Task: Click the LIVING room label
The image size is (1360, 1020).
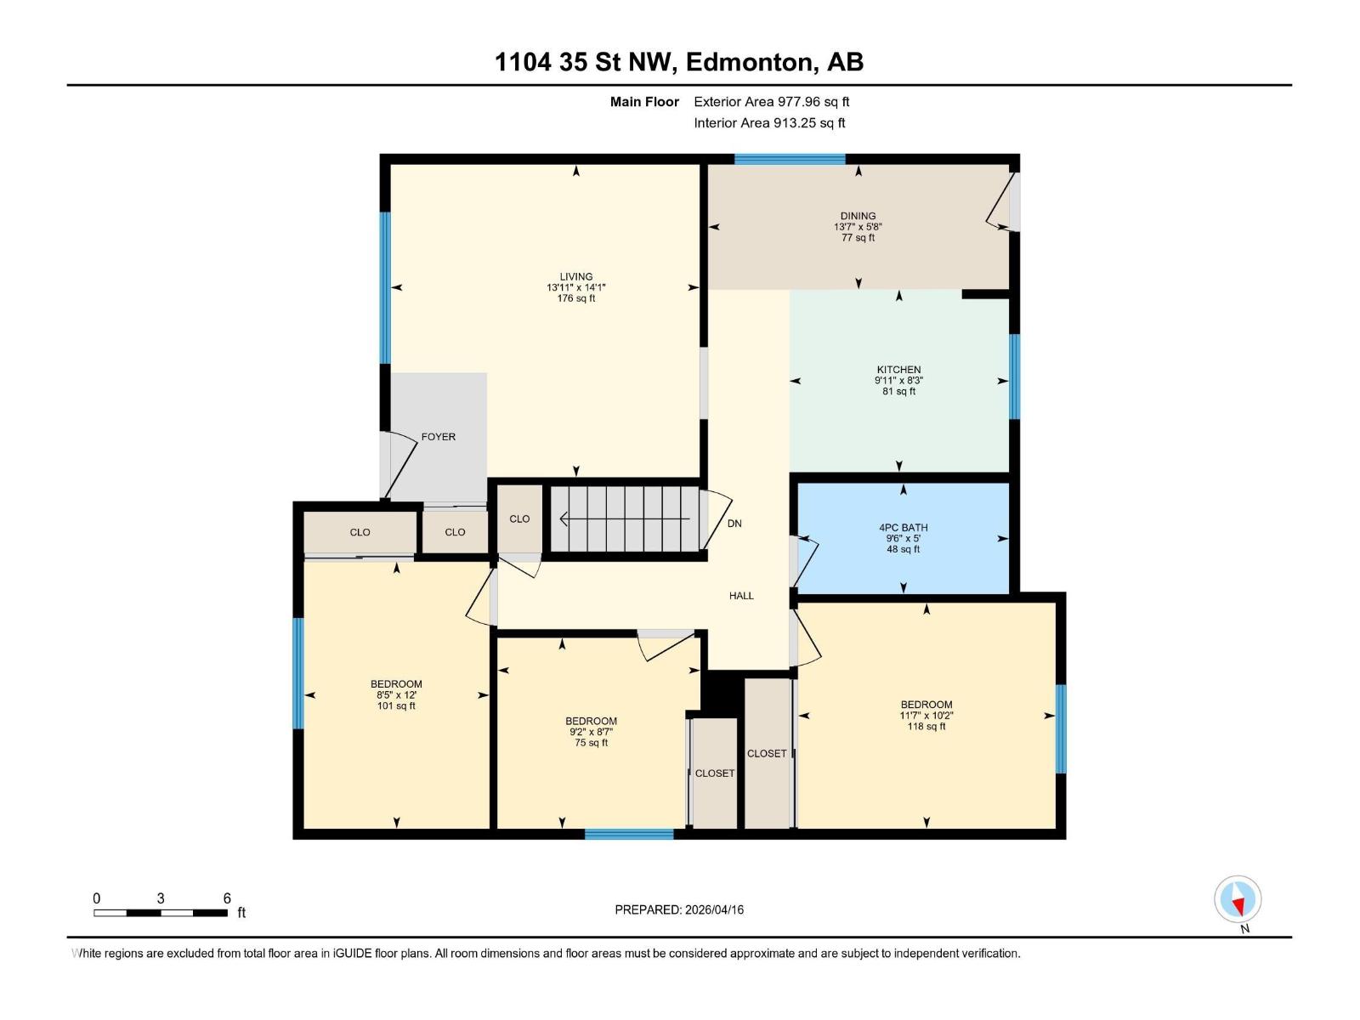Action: pyautogui.click(x=575, y=276)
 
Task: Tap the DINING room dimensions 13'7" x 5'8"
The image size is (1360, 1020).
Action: pyautogui.click(x=858, y=227)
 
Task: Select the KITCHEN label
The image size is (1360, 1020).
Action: pyautogui.click(x=898, y=370)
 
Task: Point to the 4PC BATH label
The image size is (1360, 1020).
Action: pyautogui.click(x=903, y=528)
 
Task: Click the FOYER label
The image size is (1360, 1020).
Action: pyautogui.click(x=438, y=437)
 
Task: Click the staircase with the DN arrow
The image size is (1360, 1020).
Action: pyautogui.click(x=625, y=518)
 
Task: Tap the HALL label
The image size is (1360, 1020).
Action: pyautogui.click(x=741, y=596)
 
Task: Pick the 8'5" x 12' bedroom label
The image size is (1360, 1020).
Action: pyautogui.click(x=396, y=694)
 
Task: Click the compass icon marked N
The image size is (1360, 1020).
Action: pyautogui.click(x=1238, y=899)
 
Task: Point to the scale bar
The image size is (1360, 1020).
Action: pyautogui.click(x=161, y=913)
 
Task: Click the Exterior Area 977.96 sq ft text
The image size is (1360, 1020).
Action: pyautogui.click(x=771, y=102)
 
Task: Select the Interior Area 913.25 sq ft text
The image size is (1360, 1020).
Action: pyautogui.click(x=769, y=123)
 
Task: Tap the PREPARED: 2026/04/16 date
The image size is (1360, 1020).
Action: pyautogui.click(x=679, y=909)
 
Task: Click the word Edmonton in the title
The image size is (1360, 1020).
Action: pyautogui.click(x=748, y=62)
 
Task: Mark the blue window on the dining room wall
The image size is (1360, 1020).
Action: pyautogui.click(x=790, y=159)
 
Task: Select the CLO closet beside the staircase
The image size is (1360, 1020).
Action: pyautogui.click(x=519, y=518)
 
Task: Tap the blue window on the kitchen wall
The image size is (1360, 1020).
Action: pyautogui.click(x=1014, y=377)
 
